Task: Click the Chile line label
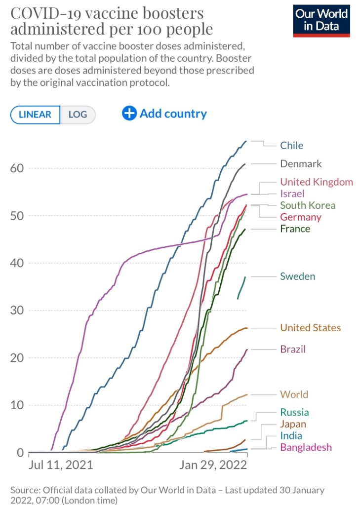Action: coord(291,146)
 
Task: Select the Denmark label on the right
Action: coord(301,164)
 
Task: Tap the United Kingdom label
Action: coord(317,182)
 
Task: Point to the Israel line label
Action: coord(292,194)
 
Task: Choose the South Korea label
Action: coord(308,205)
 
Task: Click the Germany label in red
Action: coord(301,217)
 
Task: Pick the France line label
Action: coord(295,229)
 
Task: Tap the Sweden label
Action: coord(297,276)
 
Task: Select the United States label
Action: coord(310,328)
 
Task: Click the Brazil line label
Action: coord(293,349)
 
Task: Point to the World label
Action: coord(294,394)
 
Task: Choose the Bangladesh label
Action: coord(306,447)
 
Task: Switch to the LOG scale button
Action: coord(78,115)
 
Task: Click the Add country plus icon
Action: coord(129,114)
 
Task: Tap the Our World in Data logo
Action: coord(321,21)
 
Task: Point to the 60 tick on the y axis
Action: coord(17,168)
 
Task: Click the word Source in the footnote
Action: coord(25,490)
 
